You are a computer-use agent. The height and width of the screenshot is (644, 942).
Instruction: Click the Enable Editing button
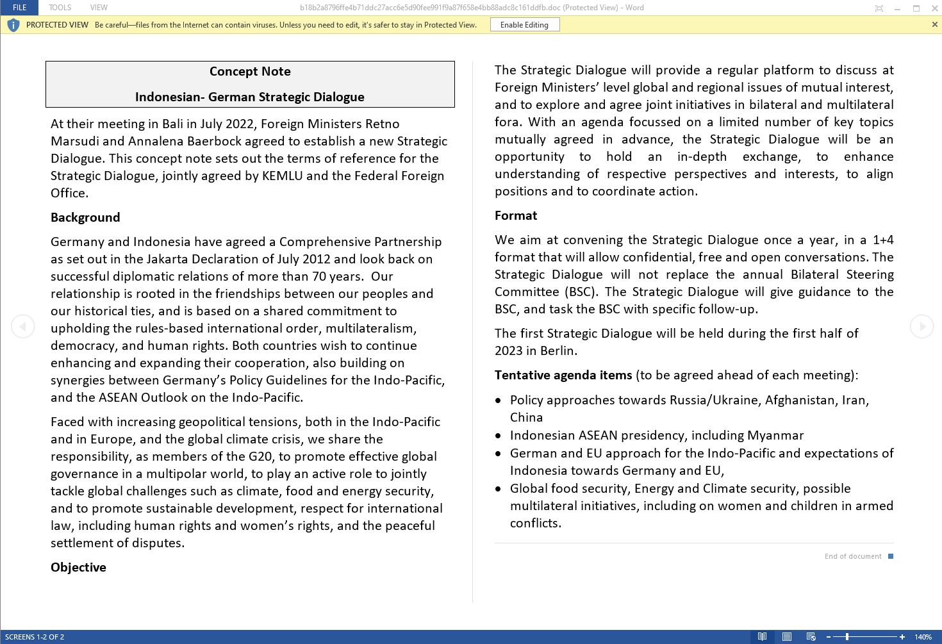524,25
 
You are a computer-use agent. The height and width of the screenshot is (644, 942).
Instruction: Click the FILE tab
20,8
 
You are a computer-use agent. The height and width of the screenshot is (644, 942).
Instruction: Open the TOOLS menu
60,8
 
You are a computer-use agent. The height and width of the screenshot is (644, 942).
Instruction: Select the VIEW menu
99,8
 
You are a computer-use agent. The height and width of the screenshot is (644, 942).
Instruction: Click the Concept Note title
250,72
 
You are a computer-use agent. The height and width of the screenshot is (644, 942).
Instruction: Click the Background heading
85,218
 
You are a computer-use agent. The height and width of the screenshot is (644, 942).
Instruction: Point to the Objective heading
78,568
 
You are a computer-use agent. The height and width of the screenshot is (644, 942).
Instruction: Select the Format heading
516,216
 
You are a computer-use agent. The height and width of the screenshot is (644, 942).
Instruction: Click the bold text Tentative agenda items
563,376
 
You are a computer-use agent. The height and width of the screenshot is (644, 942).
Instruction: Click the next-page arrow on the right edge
921,326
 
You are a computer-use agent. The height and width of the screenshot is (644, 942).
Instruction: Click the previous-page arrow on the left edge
23,326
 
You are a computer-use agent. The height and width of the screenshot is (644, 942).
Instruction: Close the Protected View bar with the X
934,24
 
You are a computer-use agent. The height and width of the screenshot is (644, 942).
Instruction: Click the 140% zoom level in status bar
923,637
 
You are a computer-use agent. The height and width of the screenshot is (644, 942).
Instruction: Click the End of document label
852,556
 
